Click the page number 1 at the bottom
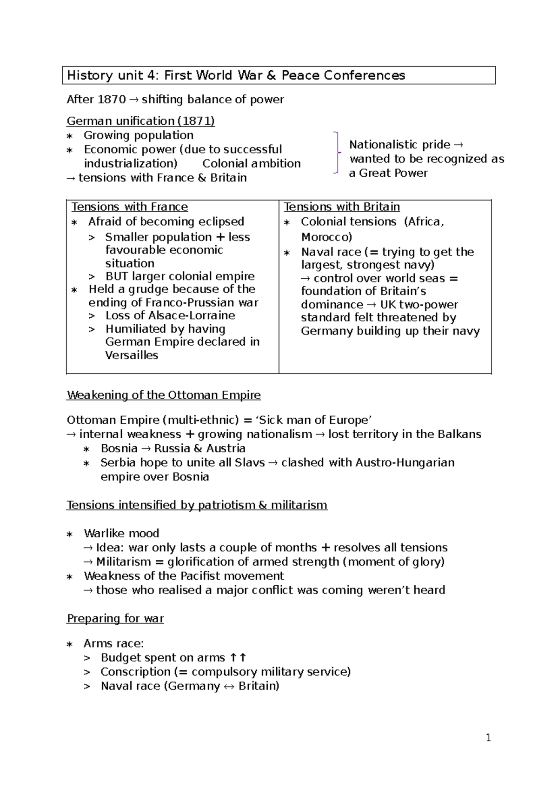pos(488,737)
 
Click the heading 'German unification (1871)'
pos(140,121)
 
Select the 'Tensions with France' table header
pos(130,207)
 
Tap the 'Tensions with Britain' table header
pos(342,207)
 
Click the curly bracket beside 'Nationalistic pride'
pos(337,153)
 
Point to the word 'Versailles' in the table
pos(132,355)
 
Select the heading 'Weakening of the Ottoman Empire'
pos(164,395)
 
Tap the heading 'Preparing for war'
pos(115,618)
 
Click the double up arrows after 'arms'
pos(238,658)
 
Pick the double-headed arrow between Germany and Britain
pos(229,686)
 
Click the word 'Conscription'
pos(135,672)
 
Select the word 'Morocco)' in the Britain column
pos(326,237)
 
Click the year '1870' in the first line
pos(112,100)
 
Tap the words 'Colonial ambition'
pos(252,164)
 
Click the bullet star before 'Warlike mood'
pos(70,534)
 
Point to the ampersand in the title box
pos(271,75)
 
